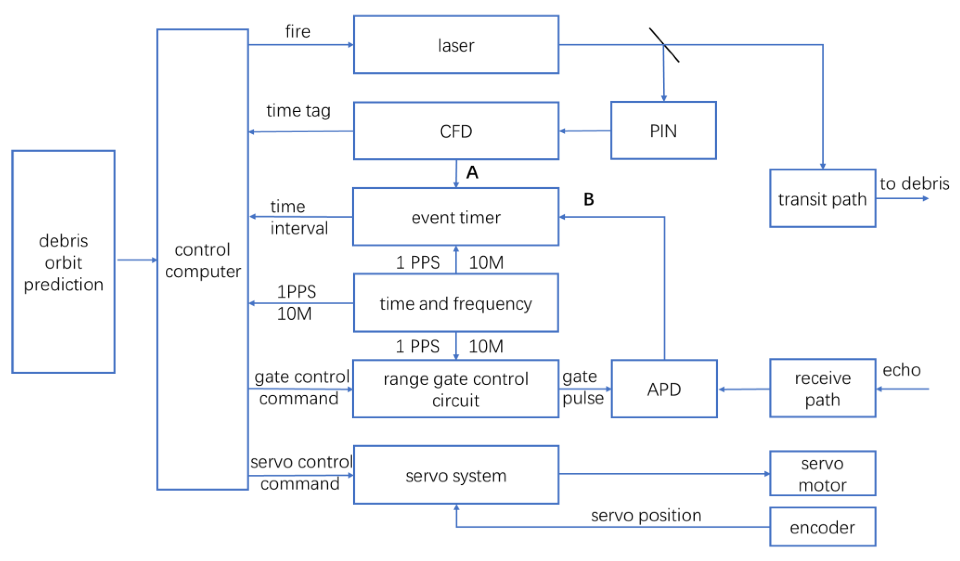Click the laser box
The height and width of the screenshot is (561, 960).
456,45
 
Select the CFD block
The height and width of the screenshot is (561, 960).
456,131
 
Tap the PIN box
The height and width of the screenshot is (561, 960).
663,130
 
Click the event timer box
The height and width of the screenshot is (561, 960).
456,217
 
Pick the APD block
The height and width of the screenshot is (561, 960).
664,389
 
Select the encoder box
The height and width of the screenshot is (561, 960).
822,527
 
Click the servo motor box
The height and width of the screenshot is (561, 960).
822,474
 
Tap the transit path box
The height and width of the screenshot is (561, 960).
822,199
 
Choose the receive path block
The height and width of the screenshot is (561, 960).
822,388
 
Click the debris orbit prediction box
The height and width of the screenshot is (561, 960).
63,262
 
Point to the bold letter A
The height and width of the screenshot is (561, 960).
472,173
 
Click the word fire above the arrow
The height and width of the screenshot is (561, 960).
298,31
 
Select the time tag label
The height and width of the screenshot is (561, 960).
298,111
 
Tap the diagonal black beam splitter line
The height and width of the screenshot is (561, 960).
664,45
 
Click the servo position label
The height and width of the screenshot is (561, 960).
646,515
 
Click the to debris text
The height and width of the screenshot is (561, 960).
914,184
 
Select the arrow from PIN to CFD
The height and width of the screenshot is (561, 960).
585,131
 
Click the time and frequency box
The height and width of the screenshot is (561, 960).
456,303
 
